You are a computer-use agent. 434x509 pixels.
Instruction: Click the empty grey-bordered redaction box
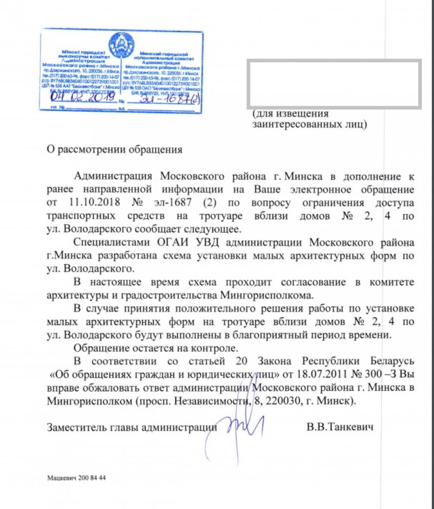(335, 84)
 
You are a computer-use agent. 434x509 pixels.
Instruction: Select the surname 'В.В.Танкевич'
(340, 428)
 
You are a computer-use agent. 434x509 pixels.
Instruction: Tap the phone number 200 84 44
(91, 478)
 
